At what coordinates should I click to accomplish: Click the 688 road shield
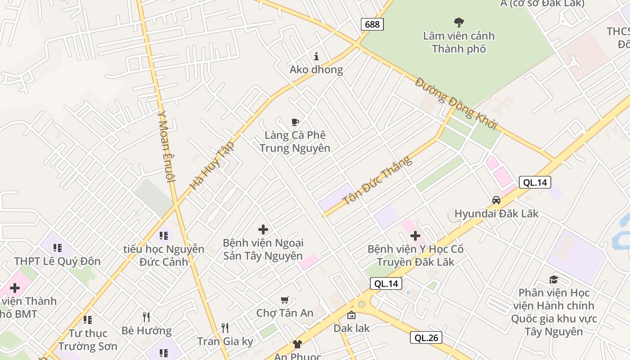click(372, 24)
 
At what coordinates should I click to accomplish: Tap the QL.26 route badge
click(426, 337)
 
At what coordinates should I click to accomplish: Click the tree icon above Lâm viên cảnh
click(459, 22)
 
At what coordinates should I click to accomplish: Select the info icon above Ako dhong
click(316, 56)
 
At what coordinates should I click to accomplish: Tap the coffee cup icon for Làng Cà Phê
click(295, 122)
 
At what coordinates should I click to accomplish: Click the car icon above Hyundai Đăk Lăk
click(496, 200)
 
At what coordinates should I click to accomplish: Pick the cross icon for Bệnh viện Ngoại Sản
click(263, 230)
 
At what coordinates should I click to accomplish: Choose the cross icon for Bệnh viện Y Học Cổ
click(415, 235)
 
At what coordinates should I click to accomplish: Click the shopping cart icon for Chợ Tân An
click(284, 300)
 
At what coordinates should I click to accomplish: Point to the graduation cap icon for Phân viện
click(553, 280)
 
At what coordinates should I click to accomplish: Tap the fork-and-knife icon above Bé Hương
click(146, 317)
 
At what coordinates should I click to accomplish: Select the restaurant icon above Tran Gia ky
click(225, 328)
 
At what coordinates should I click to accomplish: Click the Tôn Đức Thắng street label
click(377, 180)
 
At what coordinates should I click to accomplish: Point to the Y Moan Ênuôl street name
click(165, 146)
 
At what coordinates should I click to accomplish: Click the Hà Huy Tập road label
click(212, 165)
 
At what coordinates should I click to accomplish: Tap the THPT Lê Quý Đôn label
click(57, 261)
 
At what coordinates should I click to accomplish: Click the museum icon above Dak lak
click(351, 315)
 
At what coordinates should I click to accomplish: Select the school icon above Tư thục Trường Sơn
click(88, 320)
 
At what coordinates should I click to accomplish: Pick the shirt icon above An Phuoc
click(297, 345)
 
